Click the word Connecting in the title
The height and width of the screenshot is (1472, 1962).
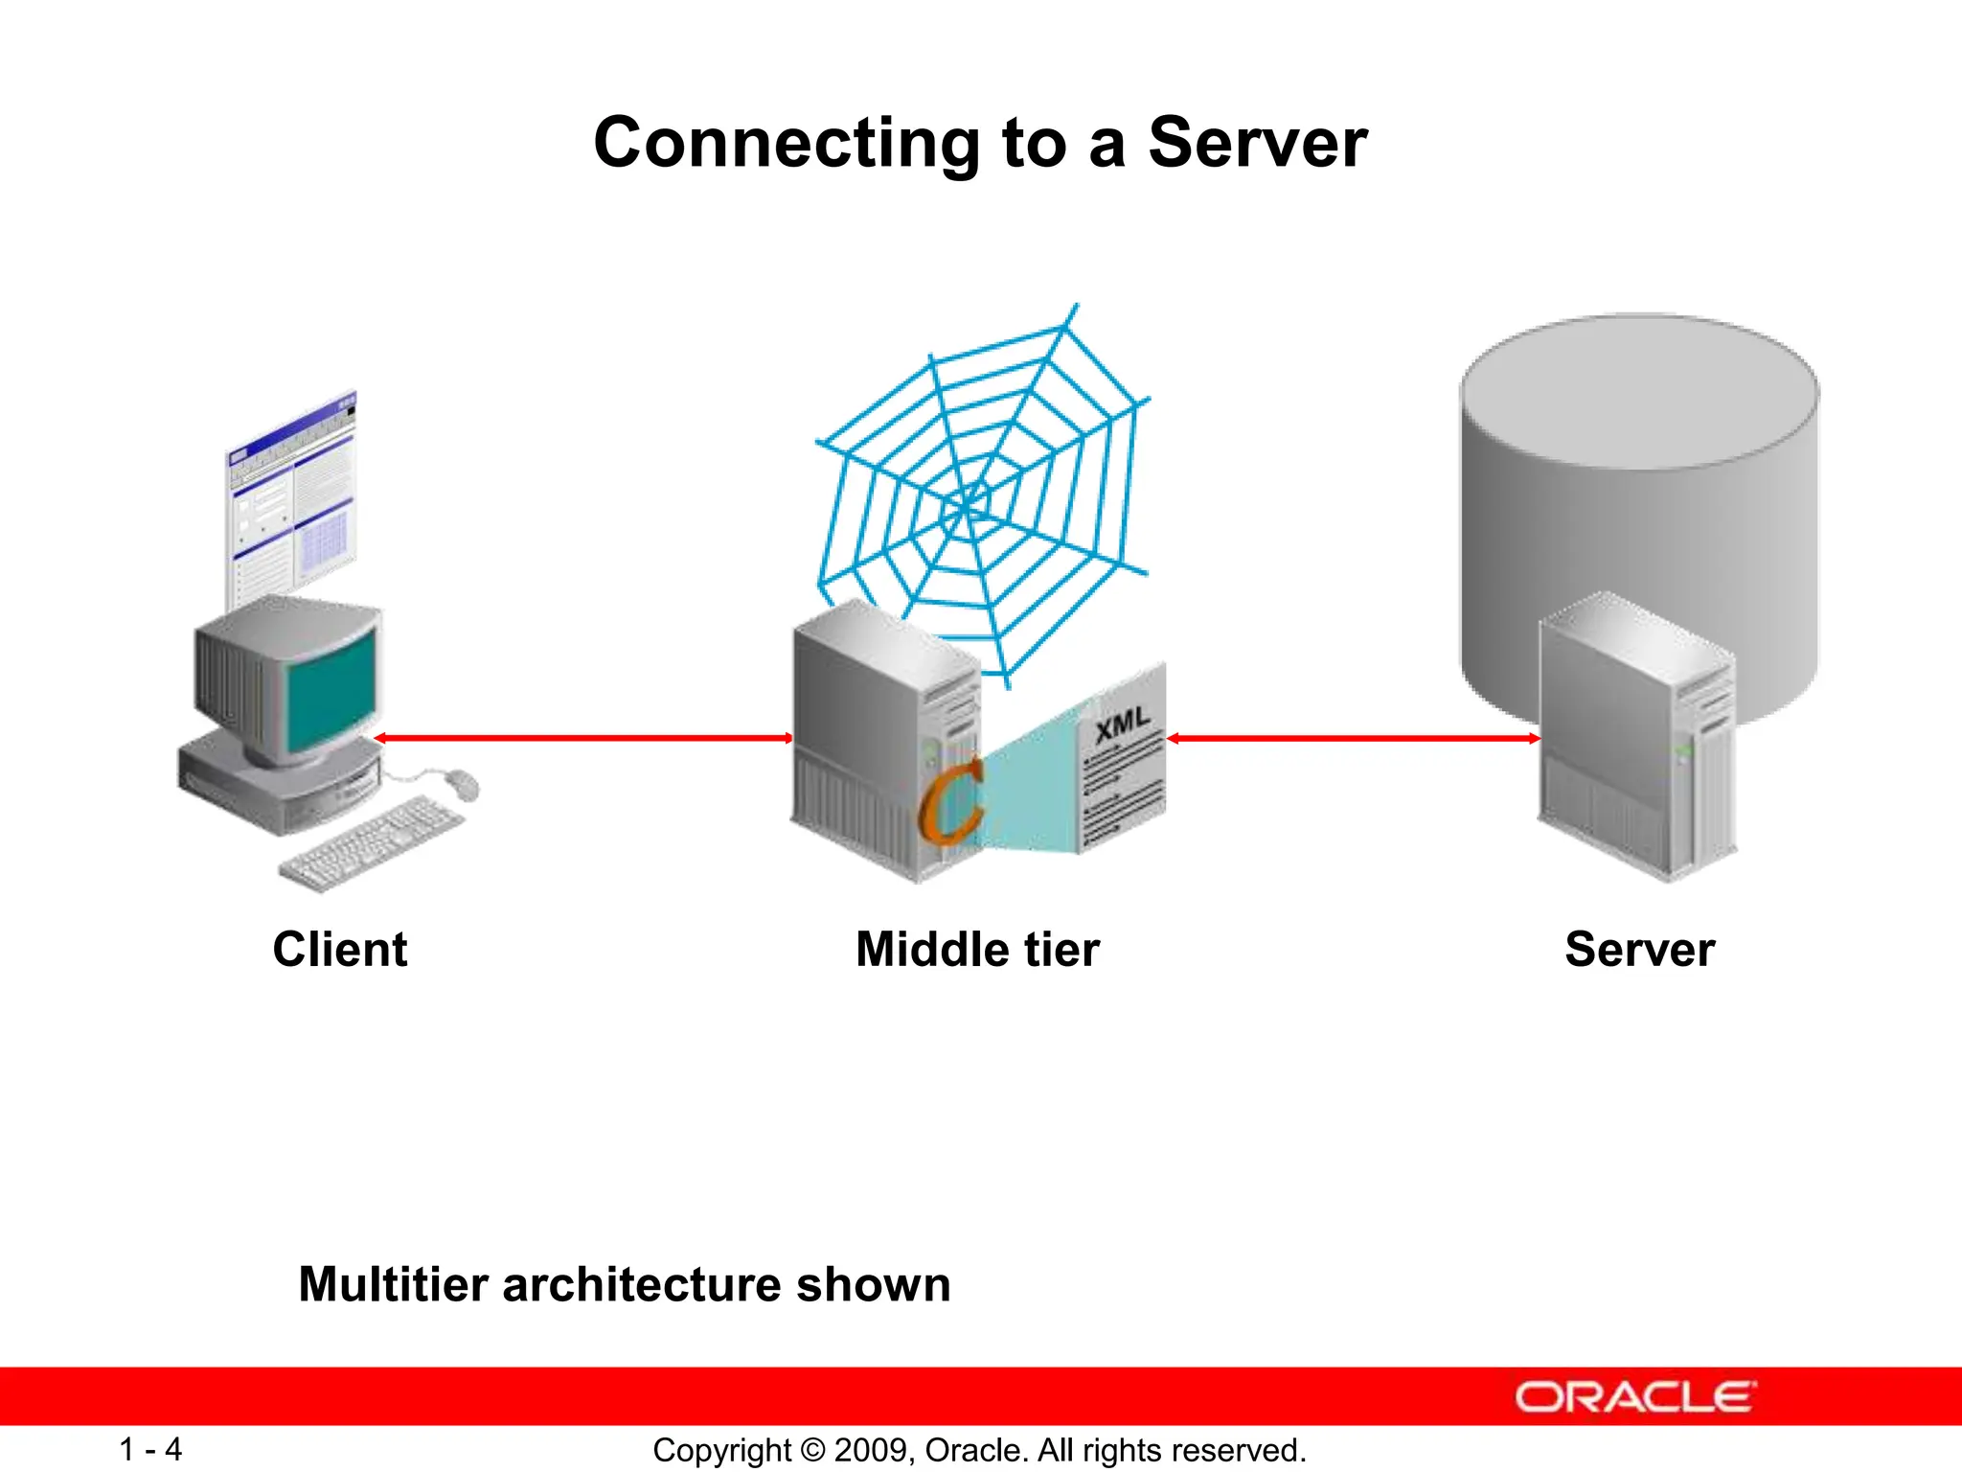tap(786, 144)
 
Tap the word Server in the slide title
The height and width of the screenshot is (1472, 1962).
tap(1257, 144)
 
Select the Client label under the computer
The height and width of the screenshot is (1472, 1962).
tap(340, 950)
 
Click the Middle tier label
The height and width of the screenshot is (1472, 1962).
tap(977, 950)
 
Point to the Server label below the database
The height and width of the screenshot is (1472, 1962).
tap(1639, 950)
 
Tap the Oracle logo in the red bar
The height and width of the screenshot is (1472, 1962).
tap(1634, 1397)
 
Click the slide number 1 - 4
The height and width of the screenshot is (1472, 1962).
tap(150, 1449)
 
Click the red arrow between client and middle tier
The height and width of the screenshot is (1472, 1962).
tap(582, 738)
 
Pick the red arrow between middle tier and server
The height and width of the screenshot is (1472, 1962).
tap(1353, 738)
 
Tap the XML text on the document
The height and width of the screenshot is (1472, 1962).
tap(1122, 724)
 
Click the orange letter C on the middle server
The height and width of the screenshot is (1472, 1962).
tap(951, 800)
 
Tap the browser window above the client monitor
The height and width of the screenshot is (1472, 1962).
tap(292, 498)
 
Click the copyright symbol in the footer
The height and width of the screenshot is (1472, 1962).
tap(812, 1450)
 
